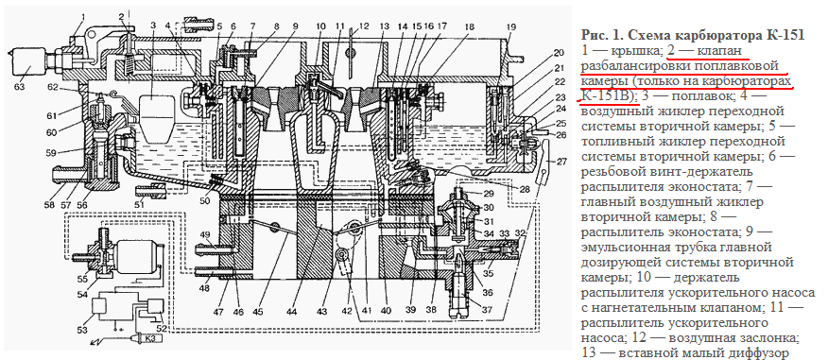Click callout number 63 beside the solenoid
tap(20, 86)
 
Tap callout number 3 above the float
tap(153, 25)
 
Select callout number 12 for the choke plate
tap(363, 26)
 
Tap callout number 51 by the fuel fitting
tap(139, 204)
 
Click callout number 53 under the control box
tap(82, 331)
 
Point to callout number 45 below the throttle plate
tap(258, 312)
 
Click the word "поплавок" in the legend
tap(696, 97)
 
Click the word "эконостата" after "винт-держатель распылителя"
tap(701, 188)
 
